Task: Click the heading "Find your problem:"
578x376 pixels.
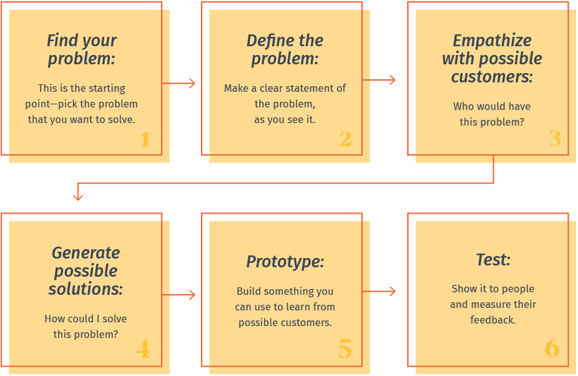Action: coord(82,49)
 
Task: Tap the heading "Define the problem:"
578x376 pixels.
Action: coord(285,49)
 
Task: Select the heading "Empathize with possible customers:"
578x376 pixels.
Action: coord(492,58)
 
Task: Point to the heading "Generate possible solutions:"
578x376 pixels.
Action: coord(86,271)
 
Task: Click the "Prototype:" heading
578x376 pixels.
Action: coord(285,262)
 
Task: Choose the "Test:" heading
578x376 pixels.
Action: coord(493,259)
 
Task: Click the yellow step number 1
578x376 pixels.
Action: coord(145,139)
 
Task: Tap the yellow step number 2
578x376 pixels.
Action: coord(346,139)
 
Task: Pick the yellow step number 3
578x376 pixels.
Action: coord(555,139)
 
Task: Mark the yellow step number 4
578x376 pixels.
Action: coord(144,349)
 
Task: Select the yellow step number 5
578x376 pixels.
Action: coord(345,349)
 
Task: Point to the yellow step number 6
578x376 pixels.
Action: coord(552,349)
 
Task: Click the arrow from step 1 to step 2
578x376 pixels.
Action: coord(179,84)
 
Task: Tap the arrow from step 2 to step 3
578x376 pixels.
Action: coord(379,80)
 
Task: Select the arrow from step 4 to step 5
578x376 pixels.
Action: coord(179,294)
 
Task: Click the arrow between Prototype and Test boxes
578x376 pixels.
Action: coord(379,292)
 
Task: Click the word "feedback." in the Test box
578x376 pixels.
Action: coord(493,320)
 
